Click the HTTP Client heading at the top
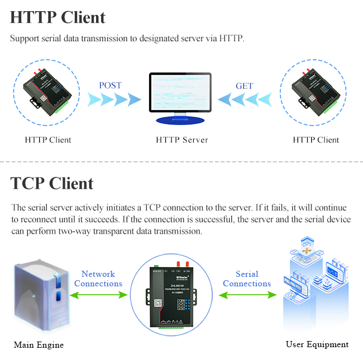click(x=58, y=17)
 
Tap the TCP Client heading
click(x=52, y=183)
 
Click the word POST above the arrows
click(x=110, y=85)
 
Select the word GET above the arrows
click(x=244, y=86)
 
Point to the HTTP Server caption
click(x=181, y=140)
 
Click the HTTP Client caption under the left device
click(x=47, y=140)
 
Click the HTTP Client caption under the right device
click(x=316, y=140)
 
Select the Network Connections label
click(x=98, y=279)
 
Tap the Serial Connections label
click(x=247, y=279)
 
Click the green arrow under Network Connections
click(x=98, y=294)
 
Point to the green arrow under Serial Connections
click(x=246, y=294)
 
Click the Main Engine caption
click(x=39, y=344)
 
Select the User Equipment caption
click(x=317, y=344)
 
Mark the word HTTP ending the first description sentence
click(x=231, y=39)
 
